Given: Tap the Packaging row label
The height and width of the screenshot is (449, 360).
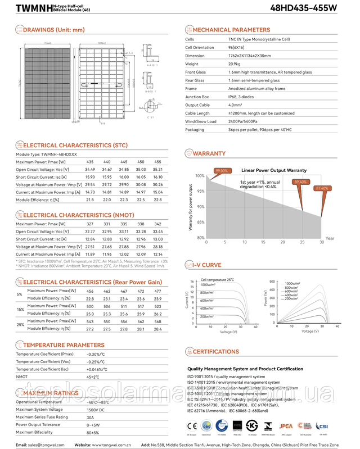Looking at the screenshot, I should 195,129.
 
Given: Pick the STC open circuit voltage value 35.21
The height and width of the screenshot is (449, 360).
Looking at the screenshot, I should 157,169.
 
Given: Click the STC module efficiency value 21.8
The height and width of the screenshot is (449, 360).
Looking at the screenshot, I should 90,199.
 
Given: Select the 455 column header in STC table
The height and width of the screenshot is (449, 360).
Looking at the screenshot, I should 157,161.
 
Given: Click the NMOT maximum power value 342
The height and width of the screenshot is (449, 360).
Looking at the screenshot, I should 157,224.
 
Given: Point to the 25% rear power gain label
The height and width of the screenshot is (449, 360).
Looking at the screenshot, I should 20,324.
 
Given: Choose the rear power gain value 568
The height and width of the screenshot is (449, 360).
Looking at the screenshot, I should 157,321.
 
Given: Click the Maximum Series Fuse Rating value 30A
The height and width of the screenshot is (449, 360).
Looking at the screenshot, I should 91,417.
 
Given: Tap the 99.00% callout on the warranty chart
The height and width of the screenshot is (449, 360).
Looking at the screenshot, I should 221,170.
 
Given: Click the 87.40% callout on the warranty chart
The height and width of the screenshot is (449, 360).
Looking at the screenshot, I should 322,188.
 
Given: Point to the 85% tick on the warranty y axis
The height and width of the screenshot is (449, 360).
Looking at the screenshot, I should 201,223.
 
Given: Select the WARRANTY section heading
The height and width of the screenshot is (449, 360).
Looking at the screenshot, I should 209,153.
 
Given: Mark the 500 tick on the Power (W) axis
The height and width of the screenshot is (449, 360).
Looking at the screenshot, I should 273,280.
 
